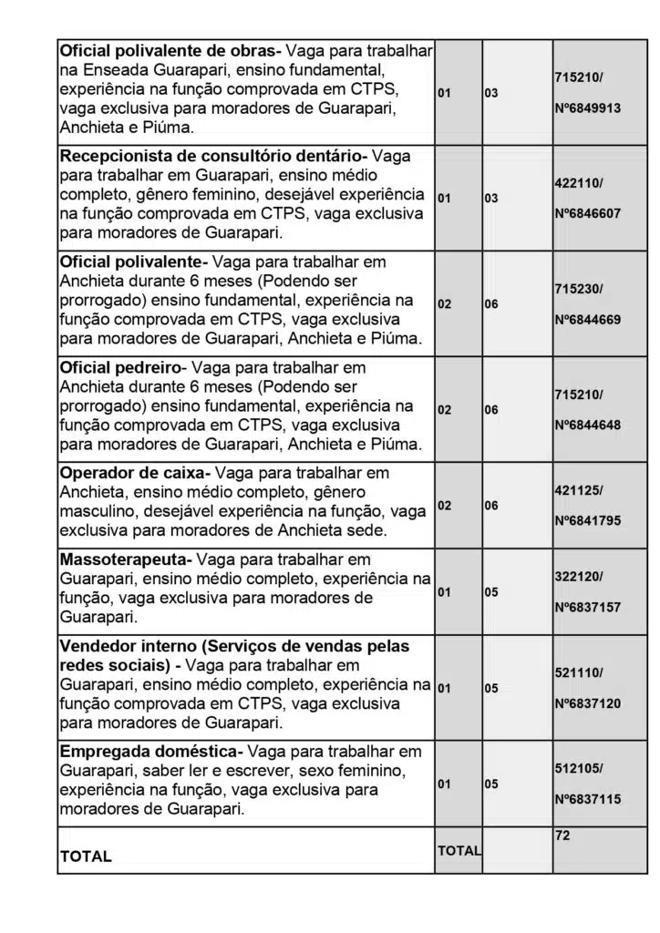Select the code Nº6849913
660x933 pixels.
[587, 108]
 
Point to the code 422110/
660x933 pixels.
[578, 182]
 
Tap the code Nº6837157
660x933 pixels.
[587, 608]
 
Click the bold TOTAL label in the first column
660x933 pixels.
[86, 856]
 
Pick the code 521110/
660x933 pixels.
[578, 672]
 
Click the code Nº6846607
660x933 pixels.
[587, 212]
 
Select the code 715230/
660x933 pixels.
[578, 289]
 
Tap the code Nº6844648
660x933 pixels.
[587, 425]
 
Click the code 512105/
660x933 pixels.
[578, 768]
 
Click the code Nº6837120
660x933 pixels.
[587, 704]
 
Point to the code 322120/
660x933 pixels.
[578, 577]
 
